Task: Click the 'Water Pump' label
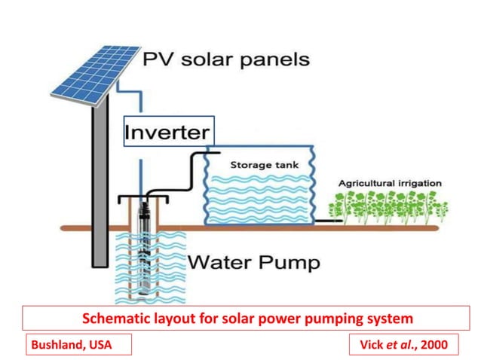click(253, 263)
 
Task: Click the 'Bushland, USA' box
click(69, 345)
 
